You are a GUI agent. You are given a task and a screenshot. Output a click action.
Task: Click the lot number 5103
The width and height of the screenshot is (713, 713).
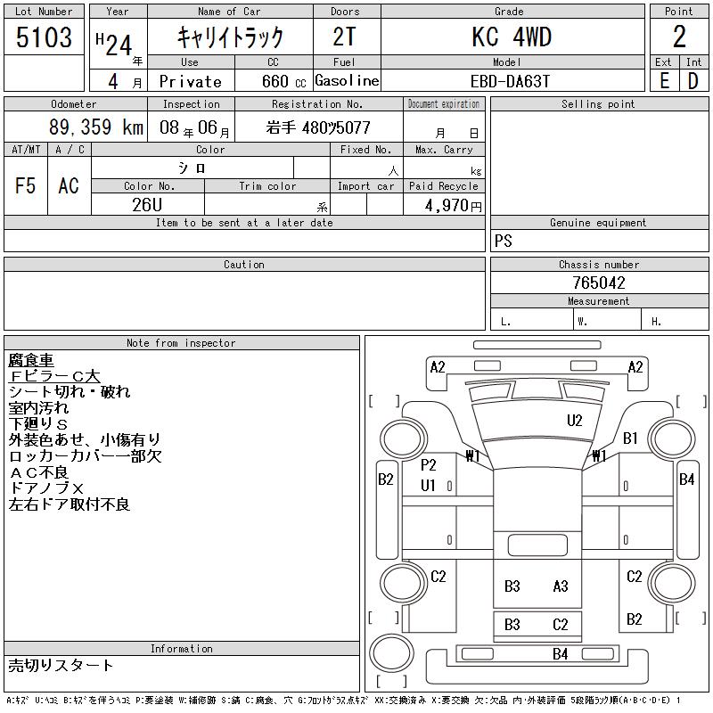[44, 37]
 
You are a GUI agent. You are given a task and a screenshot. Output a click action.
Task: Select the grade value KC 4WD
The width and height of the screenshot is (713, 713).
[512, 37]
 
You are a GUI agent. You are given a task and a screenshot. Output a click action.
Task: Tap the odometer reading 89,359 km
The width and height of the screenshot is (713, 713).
[96, 127]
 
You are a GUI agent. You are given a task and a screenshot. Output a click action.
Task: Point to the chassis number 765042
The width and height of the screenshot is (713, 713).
[599, 283]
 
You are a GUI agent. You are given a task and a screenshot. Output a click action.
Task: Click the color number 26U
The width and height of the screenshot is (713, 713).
[147, 205]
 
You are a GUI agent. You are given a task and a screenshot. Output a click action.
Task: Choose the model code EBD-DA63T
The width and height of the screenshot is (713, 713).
[510, 81]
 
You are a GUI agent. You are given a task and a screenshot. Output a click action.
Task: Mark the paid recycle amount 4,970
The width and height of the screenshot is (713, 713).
[447, 206]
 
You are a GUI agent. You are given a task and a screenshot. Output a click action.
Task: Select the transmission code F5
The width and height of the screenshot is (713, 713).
[25, 185]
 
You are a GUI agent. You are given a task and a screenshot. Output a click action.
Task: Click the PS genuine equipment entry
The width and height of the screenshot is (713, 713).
[504, 241]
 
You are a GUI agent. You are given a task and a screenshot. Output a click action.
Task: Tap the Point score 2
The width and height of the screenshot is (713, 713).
[679, 37]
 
